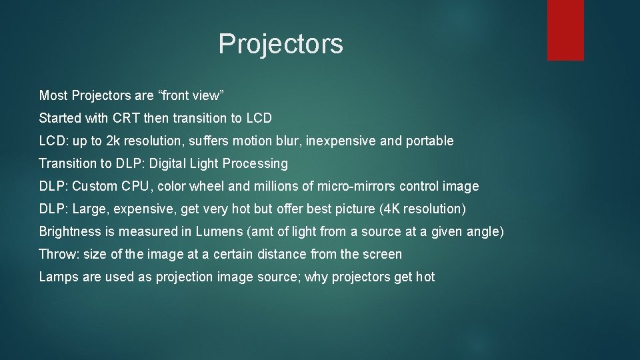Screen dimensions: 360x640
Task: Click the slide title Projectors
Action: (x=281, y=44)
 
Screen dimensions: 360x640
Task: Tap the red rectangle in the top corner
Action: (x=565, y=30)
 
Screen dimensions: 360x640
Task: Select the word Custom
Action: (x=93, y=186)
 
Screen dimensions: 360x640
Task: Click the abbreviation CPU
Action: (x=135, y=186)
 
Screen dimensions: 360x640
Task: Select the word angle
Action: (x=485, y=231)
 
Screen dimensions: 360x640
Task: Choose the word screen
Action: (x=382, y=254)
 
